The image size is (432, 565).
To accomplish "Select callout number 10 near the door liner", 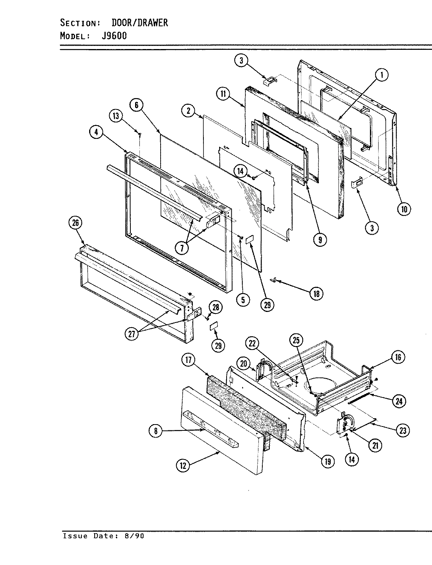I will (404, 209).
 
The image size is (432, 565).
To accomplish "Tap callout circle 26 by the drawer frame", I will (75, 223).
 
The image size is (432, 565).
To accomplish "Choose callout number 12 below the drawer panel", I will (183, 465).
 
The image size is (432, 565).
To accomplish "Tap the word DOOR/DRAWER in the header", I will (137, 23).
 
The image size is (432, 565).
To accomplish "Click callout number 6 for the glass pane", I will (136, 105).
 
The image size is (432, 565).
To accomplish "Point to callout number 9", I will (320, 240).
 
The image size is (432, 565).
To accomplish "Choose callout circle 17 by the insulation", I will (189, 360).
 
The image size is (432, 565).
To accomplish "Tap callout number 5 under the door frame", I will (243, 300).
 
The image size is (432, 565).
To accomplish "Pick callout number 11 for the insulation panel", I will (223, 93).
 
